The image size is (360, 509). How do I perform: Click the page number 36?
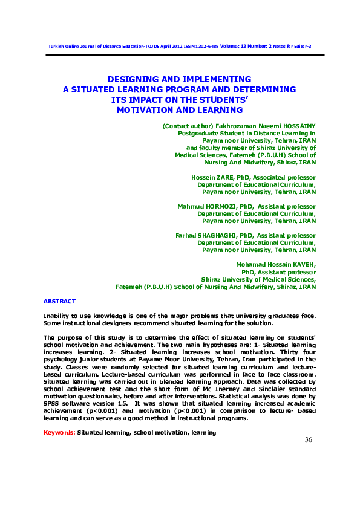click(x=308, y=439)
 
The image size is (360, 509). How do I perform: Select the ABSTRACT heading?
click(x=59, y=301)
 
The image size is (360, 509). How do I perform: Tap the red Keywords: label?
click(x=59, y=433)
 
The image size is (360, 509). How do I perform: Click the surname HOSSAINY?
click(x=296, y=126)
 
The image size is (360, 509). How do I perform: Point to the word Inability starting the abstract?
click(x=57, y=316)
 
